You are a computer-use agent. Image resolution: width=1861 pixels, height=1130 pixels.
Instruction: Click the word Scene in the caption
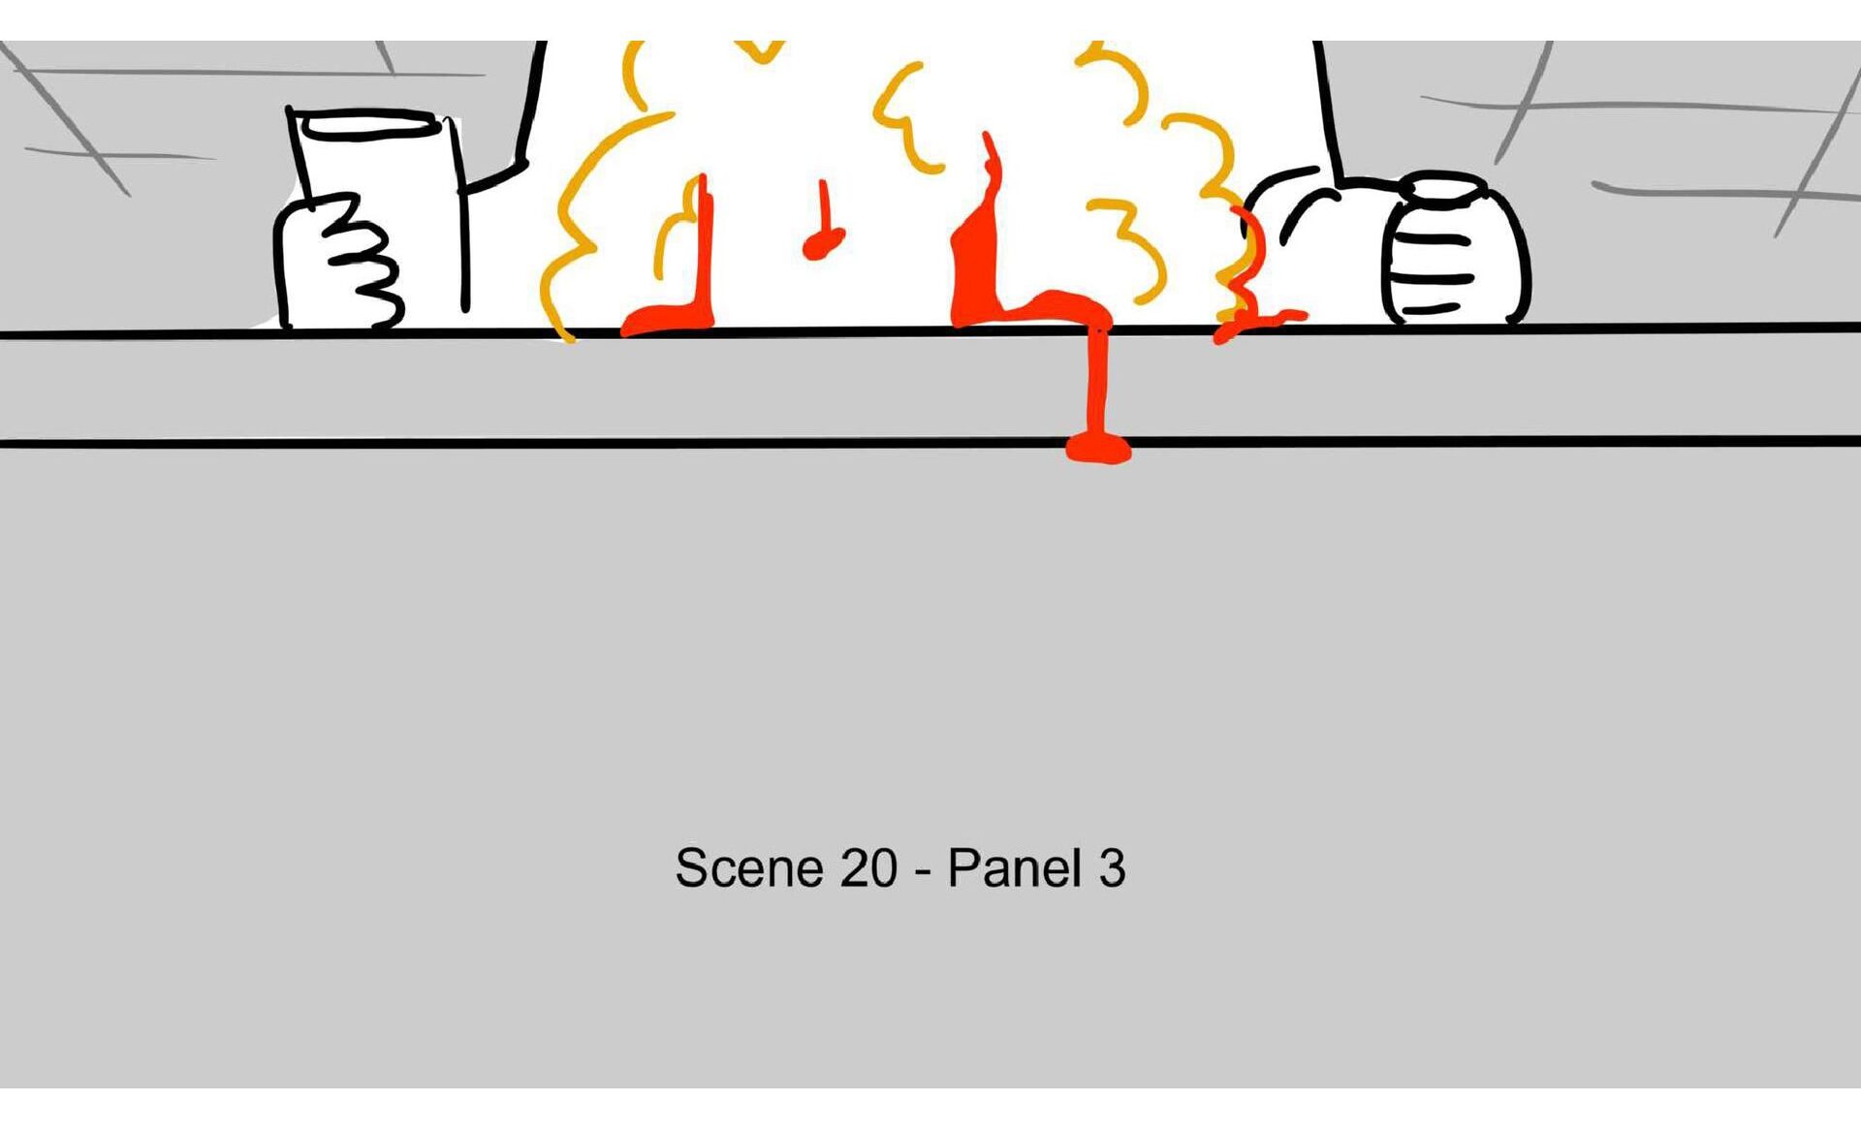[x=749, y=867]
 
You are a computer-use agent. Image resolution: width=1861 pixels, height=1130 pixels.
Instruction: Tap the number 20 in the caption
[x=868, y=867]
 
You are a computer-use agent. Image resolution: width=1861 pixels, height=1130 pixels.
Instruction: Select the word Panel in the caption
[x=1014, y=867]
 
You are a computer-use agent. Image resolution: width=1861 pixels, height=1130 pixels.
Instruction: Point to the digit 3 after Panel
[x=1112, y=867]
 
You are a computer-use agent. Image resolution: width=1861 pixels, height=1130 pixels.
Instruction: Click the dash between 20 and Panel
[x=923, y=871]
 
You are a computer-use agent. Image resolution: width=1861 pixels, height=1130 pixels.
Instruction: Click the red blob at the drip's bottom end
[x=1098, y=448]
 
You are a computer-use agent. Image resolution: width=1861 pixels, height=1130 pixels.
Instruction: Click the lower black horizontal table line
[x=930, y=442]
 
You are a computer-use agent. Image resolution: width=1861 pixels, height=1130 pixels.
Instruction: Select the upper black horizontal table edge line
[x=930, y=331]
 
